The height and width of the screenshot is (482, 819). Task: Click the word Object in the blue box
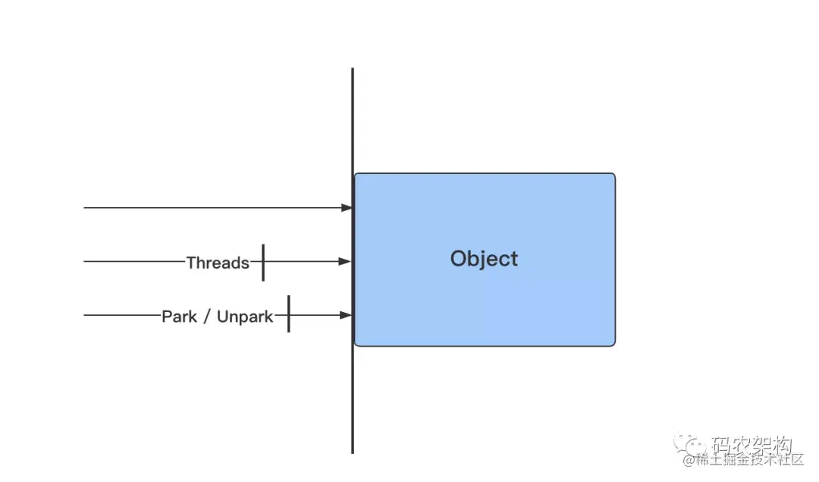(x=484, y=259)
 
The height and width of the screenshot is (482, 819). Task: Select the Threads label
(x=218, y=263)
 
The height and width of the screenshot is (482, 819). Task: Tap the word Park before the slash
(x=179, y=316)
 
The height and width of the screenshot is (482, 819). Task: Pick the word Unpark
(x=245, y=316)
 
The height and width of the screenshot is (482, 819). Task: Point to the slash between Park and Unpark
(x=206, y=316)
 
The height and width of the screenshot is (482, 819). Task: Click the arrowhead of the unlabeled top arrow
(x=347, y=207)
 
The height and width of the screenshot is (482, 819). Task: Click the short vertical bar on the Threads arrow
(x=263, y=263)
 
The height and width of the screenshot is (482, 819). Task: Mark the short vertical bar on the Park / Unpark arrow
(x=289, y=314)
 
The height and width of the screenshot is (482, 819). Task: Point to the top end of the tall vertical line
(x=353, y=70)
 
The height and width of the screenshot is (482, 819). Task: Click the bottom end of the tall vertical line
(x=353, y=452)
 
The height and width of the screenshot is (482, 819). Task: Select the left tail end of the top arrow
(x=85, y=207)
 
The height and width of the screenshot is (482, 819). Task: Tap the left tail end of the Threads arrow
(x=85, y=261)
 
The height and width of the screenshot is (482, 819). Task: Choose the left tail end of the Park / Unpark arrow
(x=85, y=315)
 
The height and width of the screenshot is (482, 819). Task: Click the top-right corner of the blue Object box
(x=613, y=175)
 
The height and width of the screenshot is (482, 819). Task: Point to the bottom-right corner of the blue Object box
(x=613, y=344)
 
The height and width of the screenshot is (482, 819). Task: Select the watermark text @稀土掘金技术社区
(x=743, y=460)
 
